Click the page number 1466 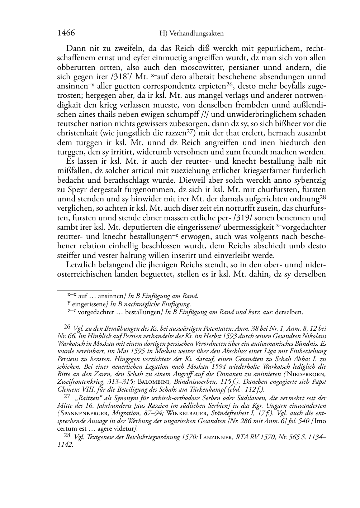pyautogui.click(x=66, y=33)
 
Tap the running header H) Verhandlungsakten pyautogui.click(x=191, y=34)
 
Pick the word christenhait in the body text pyautogui.click(x=79, y=133)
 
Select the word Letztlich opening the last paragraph pyautogui.click(x=83, y=265)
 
